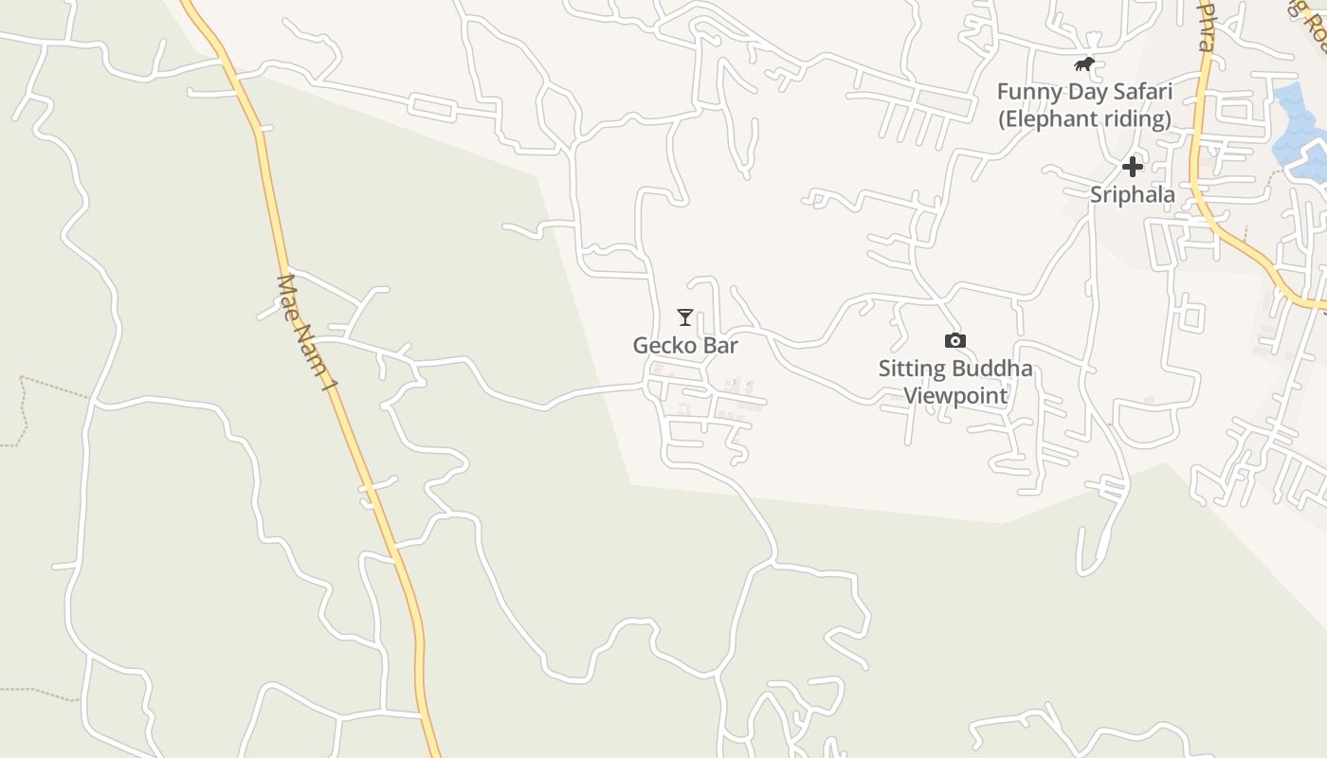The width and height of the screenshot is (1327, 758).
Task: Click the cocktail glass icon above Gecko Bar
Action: point(685,316)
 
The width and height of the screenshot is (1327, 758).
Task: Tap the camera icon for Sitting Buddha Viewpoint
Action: point(954,340)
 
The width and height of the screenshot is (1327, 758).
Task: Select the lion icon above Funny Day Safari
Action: point(1084,64)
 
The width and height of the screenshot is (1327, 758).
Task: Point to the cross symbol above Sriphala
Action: point(1132,168)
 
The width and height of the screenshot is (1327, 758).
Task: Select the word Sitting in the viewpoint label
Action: point(911,369)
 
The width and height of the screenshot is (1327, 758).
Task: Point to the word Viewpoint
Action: point(955,395)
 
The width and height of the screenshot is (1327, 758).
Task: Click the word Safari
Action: point(1141,92)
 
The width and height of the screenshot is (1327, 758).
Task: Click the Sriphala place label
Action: point(1132,195)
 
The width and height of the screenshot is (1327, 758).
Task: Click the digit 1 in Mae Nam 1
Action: point(329,383)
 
